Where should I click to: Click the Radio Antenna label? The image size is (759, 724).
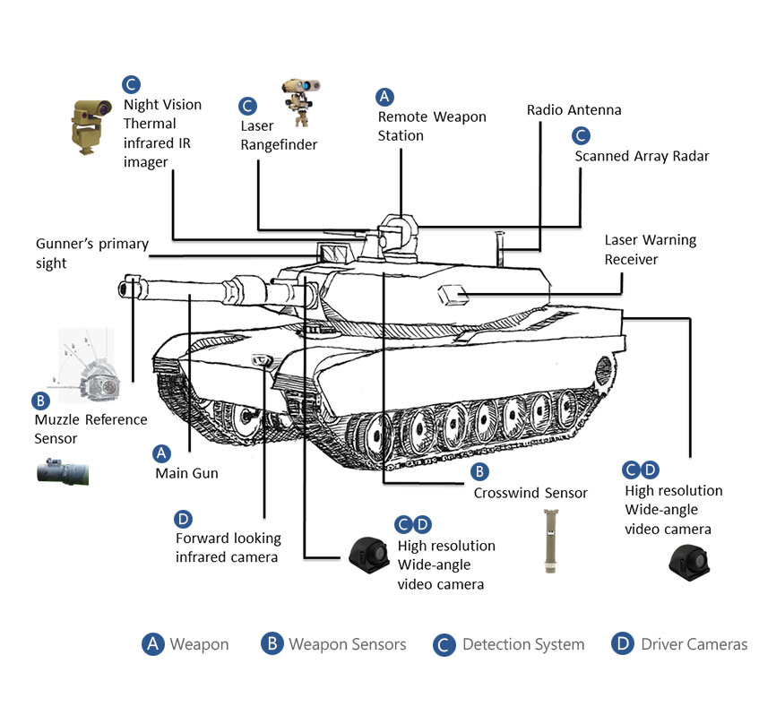coord(574,110)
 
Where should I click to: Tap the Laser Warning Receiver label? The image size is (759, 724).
coord(650,250)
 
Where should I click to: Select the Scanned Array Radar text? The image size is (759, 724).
coord(642,156)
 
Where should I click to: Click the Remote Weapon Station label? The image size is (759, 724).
coord(431,126)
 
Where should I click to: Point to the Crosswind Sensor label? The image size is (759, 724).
coord(530,493)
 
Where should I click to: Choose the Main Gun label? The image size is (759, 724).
coord(185,473)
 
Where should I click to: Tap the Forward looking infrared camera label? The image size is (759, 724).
coord(228,547)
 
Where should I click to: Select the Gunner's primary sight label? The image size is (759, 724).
coord(91,253)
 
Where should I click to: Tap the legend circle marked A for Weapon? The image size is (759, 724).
coord(153,643)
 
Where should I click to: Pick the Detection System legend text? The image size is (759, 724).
coord(522,644)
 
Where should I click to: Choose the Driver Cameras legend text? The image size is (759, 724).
coord(694,644)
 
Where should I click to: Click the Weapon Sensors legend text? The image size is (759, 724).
coord(347,644)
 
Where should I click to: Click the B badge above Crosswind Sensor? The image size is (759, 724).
coord(479,470)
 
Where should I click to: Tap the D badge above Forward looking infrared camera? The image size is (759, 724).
coord(183,518)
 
